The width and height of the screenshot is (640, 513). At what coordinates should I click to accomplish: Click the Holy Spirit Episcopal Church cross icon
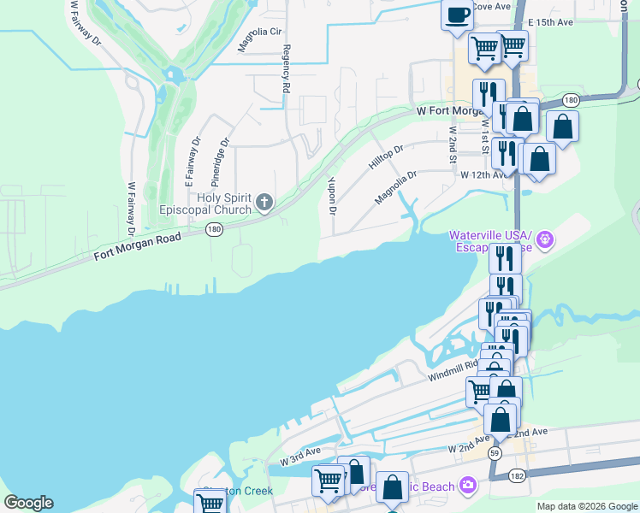coord(264,203)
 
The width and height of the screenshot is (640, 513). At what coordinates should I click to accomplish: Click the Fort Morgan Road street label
coord(139,247)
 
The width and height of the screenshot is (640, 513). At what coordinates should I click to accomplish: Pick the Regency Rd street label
coord(287,69)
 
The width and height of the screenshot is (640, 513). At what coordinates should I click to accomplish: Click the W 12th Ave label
coord(483,174)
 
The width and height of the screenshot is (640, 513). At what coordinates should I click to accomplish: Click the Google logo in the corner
coord(28,503)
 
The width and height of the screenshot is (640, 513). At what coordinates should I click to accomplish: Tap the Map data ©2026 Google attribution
coord(586,506)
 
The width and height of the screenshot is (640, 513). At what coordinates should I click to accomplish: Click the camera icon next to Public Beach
coord(467,486)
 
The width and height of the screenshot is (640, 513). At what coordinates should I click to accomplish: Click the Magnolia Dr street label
coord(395,188)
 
